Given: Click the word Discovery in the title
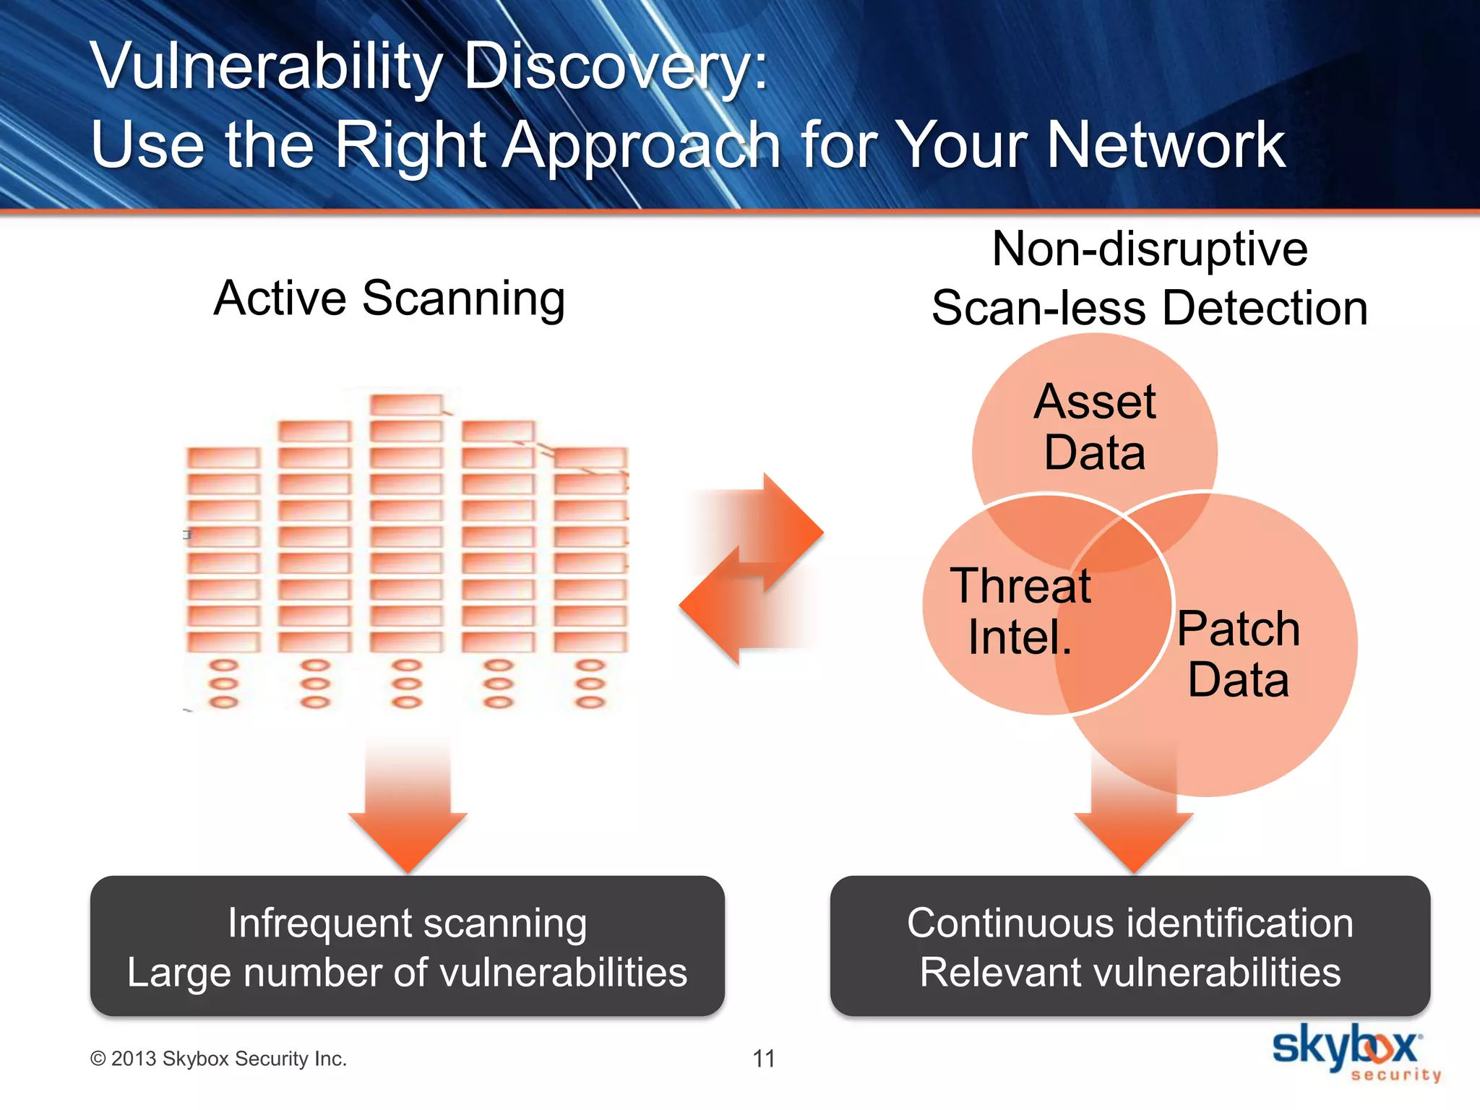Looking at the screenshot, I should click(614, 66).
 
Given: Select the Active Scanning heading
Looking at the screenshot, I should click(390, 298).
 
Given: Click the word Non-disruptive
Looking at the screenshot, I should click(1149, 249).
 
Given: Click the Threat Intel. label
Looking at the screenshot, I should click(1020, 611).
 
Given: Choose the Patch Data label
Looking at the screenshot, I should click(1238, 653).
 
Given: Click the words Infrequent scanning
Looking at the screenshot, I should click(407, 923).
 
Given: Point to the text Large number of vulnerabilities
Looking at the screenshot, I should click(407, 972).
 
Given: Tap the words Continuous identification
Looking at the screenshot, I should click(1130, 923).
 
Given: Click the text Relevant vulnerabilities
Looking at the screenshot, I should click(1130, 972).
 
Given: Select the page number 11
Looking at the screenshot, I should click(764, 1059).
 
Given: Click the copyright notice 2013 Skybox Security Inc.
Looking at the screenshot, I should click(219, 1059).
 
